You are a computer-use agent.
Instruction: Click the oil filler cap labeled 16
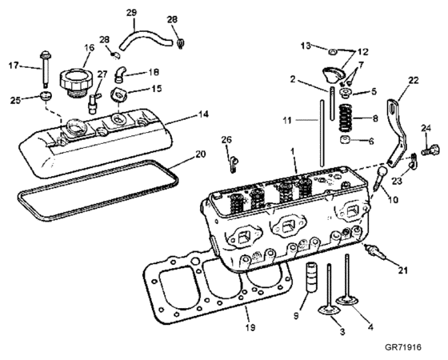(x=73, y=81)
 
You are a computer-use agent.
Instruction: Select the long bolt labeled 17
(x=45, y=69)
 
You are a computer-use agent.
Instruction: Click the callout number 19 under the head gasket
(x=250, y=327)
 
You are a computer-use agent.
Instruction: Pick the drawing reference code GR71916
(x=403, y=347)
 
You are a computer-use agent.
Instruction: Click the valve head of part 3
(x=329, y=311)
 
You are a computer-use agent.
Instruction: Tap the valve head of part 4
(x=347, y=301)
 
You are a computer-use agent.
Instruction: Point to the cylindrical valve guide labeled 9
(x=310, y=277)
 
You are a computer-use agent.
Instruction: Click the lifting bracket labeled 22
(x=398, y=132)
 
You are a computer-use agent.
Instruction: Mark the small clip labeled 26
(x=233, y=164)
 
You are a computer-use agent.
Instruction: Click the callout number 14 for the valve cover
(x=203, y=114)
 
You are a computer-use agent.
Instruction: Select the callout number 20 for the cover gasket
(x=200, y=154)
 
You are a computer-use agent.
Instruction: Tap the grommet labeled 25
(x=46, y=95)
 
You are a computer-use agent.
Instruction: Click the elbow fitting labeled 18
(x=119, y=73)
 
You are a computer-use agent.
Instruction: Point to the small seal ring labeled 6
(x=345, y=140)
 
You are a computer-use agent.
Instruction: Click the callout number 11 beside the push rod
(x=287, y=120)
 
